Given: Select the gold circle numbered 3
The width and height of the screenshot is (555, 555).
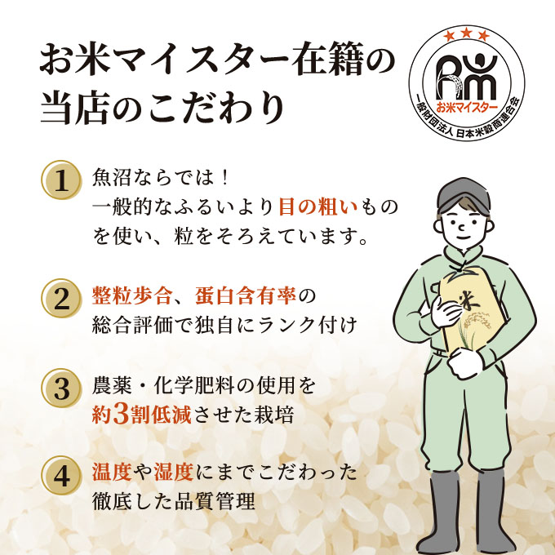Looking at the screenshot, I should (60, 387).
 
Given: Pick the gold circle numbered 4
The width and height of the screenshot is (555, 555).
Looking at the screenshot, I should (60, 475).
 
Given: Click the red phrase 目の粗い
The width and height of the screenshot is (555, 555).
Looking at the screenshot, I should (313, 208).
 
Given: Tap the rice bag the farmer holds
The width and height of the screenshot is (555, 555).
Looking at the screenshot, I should (464, 314).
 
